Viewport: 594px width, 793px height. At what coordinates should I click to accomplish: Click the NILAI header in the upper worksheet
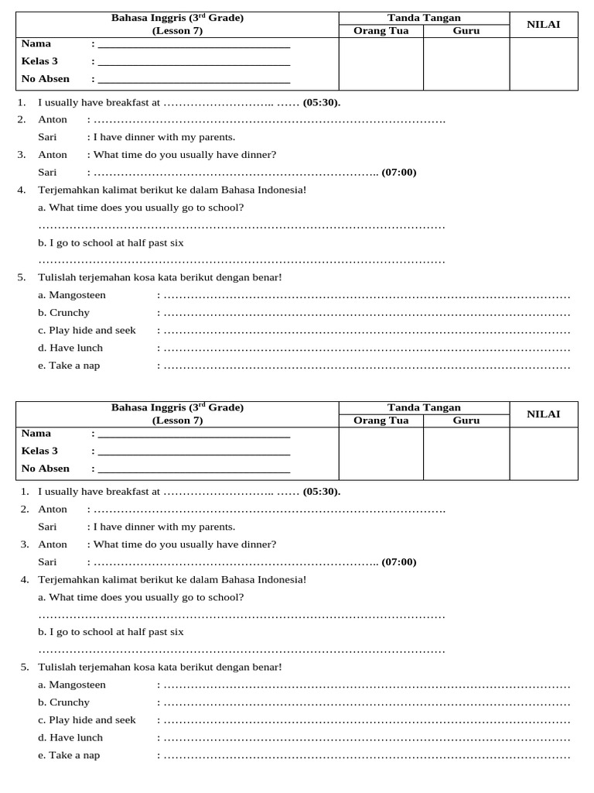click(x=543, y=25)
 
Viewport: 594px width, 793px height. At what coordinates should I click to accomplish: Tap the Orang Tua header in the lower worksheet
click(x=381, y=421)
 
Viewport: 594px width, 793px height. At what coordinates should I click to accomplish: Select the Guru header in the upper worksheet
click(x=466, y=31)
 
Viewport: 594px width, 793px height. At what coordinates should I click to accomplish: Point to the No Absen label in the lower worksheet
click(x=46, y=469)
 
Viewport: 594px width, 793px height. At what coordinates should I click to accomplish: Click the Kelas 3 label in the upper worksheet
click(x=39, y=61)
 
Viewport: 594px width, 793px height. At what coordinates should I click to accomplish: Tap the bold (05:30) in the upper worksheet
click(x=321, y=102)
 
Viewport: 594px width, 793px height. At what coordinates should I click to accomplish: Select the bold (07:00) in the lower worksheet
click(x=399, y=562)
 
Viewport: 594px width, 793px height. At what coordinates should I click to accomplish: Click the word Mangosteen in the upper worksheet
click(x=77, y=295)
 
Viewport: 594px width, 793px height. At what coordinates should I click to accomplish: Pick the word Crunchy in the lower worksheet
click(x=70, y=702)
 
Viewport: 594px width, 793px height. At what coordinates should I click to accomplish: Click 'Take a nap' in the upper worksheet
click(x=74, y=366)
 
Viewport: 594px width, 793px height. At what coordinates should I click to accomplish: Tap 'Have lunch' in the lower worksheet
click(x=76, y=737)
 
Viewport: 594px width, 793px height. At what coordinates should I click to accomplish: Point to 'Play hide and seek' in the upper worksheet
click(x=92, y=331)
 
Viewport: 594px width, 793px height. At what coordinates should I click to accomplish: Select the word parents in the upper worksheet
click(x=216, y=137)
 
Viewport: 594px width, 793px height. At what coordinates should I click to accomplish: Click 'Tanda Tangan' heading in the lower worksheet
click(x=424, y=407)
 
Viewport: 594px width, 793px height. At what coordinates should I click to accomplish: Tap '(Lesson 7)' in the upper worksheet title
click(x=177, y=31)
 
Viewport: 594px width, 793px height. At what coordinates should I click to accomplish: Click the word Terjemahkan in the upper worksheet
click(x=66, y=190)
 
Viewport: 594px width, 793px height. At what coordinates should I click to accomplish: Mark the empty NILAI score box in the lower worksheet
click(x=543, y=453)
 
